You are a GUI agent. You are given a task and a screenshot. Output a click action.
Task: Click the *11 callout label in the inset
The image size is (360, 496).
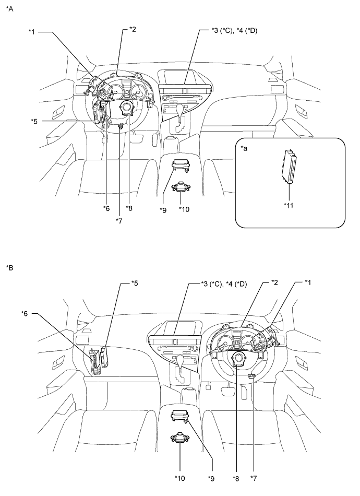click(289, 206)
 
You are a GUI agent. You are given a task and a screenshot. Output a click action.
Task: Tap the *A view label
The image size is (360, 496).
click(9, 9)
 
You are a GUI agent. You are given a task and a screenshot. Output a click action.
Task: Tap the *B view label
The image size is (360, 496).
click(9, 268)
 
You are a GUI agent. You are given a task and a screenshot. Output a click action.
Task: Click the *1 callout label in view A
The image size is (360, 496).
click(32, 32)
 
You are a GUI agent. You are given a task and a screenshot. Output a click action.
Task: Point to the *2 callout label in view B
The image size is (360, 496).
click(274, 282)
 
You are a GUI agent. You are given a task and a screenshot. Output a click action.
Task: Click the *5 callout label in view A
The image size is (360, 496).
click(34, 121)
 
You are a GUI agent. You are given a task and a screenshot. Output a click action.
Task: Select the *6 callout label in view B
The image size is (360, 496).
click(25, 313)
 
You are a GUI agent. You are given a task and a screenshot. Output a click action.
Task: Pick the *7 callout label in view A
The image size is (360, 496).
click(119, 220)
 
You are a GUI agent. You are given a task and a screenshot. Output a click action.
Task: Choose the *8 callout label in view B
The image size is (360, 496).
click(236, 479)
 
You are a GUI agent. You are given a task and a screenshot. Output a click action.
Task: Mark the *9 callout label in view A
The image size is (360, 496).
click(163, 210)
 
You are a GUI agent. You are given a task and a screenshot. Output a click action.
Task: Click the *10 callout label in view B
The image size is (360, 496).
click(180, 478)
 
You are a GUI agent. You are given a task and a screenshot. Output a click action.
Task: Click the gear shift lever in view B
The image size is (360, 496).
click(180, 362)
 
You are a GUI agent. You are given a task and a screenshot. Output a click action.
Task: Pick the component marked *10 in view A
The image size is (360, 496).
click(180, 187)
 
